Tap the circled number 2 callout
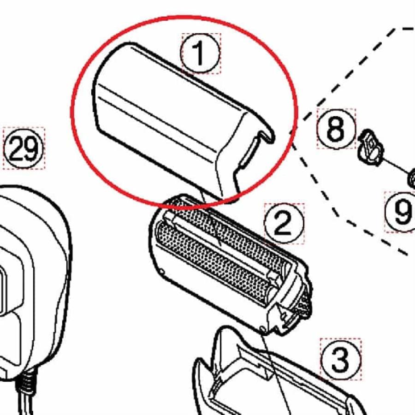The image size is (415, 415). click(284, 223)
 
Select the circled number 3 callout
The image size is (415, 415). click(340, 359)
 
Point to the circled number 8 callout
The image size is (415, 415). click(336, 128)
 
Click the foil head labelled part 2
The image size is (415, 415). click(226, 258)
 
